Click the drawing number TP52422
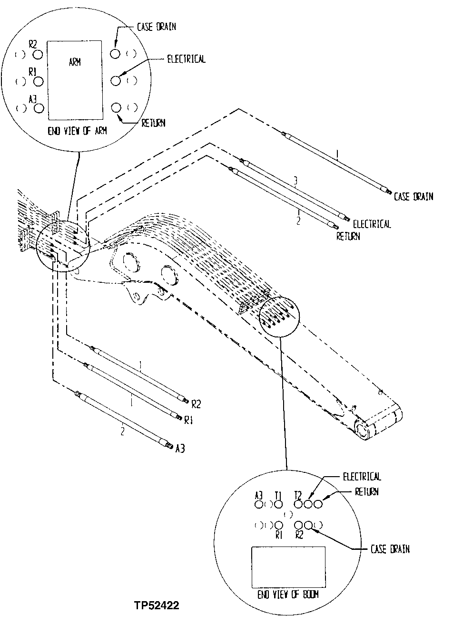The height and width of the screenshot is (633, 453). [157, 605]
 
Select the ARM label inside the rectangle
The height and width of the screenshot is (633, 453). [75, 62]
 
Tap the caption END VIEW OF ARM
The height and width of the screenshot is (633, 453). [77, 131]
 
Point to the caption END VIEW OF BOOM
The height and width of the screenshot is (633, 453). [288, 595]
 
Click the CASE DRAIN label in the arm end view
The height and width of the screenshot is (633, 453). [157, 27]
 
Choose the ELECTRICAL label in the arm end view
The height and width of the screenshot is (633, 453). [186, 59]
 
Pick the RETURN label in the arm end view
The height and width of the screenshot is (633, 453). [153, 123]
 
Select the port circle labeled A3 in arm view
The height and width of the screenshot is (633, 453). [39, 108]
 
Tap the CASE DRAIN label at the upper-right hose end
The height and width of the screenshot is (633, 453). [414, 196]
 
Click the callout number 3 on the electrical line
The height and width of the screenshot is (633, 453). [295, 181]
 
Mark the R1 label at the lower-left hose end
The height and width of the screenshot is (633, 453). [188, 420]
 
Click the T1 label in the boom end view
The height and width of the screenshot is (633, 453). [278, 495]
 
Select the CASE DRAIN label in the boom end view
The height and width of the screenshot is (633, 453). [390, 549]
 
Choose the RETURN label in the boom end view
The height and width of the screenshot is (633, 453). [367, 492]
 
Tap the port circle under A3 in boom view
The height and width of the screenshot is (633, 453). [259, 504]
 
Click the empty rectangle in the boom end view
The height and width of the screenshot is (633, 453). [288, 566]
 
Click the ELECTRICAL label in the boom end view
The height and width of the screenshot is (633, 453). [362, 477]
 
